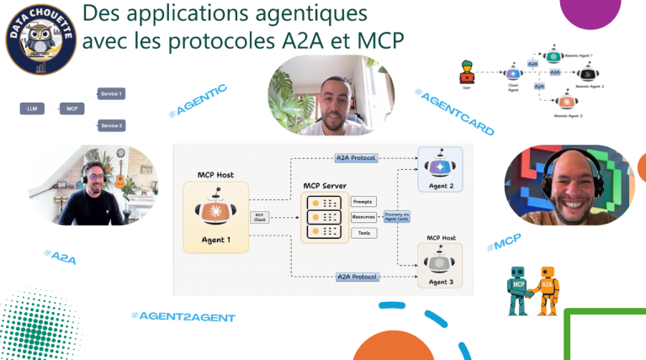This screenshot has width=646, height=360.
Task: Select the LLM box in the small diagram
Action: click(x=31, y=109)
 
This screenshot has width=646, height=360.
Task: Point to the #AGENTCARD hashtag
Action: click(x=454, y=112)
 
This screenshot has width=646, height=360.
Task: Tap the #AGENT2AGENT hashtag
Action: click(x=183, y=316)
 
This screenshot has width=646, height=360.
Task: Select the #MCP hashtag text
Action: click(x=504, y=244)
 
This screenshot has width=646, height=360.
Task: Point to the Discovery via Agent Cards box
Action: click(x=400, y=216)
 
